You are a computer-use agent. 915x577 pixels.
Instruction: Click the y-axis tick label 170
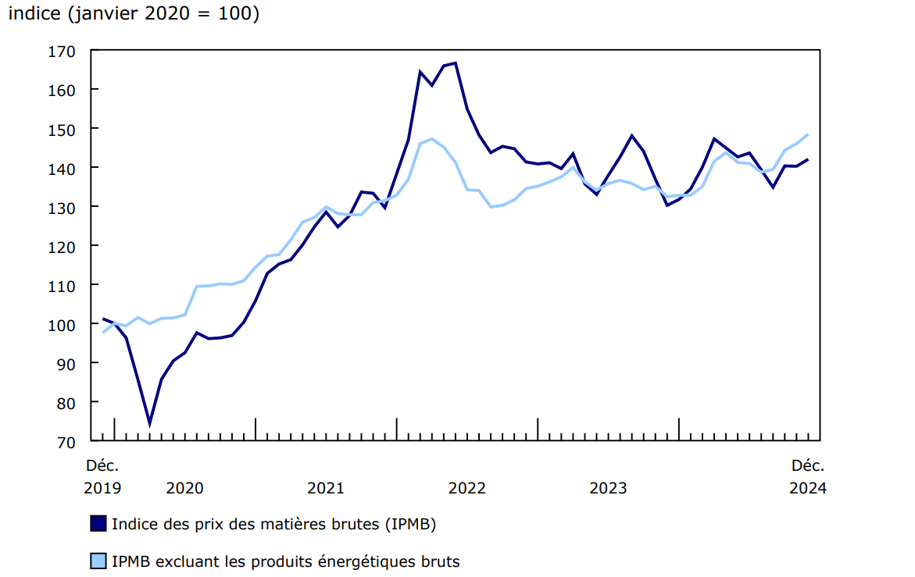63,52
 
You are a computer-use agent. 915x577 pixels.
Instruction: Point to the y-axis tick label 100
63,324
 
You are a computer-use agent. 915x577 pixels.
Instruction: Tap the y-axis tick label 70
66,441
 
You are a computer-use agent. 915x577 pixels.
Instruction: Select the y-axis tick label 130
63,207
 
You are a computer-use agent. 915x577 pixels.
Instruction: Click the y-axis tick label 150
63,129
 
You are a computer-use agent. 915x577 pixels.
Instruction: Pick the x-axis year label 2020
185,488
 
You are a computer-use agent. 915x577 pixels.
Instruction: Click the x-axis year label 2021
326,488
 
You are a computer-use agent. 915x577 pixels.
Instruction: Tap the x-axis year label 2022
467,488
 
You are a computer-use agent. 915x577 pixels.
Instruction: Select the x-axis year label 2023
608,488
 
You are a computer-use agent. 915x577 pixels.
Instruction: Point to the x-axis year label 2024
808,488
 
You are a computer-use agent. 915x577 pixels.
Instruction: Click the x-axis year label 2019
102,488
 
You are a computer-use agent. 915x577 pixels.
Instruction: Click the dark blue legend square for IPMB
98,524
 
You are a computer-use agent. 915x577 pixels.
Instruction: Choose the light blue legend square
98,561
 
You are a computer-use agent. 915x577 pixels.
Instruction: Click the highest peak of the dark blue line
455,63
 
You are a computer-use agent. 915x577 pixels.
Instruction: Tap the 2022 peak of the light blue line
431,139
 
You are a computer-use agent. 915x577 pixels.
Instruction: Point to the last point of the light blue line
808,134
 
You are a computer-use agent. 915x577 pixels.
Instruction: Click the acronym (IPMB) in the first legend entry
409,524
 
